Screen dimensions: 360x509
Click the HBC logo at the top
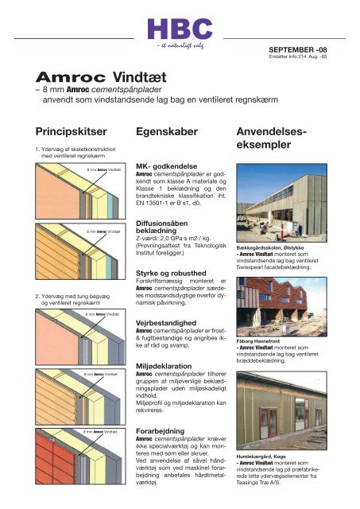point(179,32)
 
